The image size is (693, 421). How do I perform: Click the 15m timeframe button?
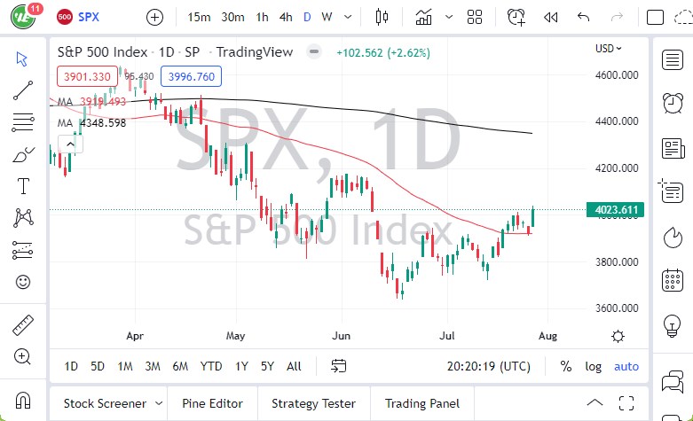pos(200,17)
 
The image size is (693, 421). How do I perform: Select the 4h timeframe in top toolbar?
pos(286,17)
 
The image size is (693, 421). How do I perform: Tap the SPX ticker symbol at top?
pos(89,17)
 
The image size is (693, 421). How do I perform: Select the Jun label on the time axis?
pos(340,336)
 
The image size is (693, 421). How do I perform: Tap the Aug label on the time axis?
pos(548,336)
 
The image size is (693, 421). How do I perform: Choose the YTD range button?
pos(211,366)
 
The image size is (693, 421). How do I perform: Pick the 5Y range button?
pos(267,366)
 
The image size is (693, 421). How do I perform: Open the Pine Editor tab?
pos(212,403)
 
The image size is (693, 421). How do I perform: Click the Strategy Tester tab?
pos(307,403)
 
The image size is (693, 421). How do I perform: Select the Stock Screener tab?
pos(106,403)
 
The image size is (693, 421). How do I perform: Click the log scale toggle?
pos(593,366)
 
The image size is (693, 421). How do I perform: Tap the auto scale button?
pos(626,366)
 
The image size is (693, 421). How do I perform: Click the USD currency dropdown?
pos(609,49)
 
